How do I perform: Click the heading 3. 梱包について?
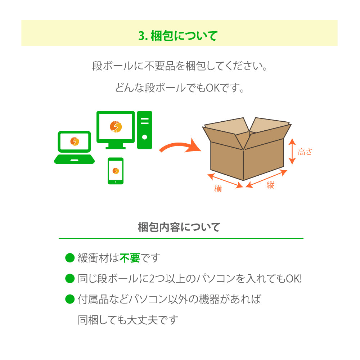click(x=178, y=36)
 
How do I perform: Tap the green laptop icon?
click(x=74, y=147)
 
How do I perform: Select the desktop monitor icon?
click(x=116, y=130)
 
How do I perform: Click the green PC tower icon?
click(x=145, y=130)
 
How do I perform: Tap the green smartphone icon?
click(x=116, y=171)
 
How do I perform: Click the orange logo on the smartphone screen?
click(x=116, y=171)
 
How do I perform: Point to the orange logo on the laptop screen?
click(x=75, y=141)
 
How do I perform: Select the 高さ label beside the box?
click(x=305, y=152)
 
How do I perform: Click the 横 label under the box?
click(x=218, y=189)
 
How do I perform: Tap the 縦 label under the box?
click(x=270, y=185)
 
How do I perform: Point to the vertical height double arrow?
click(x=292, y=151)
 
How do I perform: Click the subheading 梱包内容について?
click(x=179, y=227)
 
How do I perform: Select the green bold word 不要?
click(x=130, y=258)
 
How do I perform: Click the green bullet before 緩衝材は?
click(x=70, y=258)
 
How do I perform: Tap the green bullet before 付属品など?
click(x=70, y=299)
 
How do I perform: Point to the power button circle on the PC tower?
click(x=145, y=137)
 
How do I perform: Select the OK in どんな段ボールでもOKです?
click(x=213, y=88)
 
